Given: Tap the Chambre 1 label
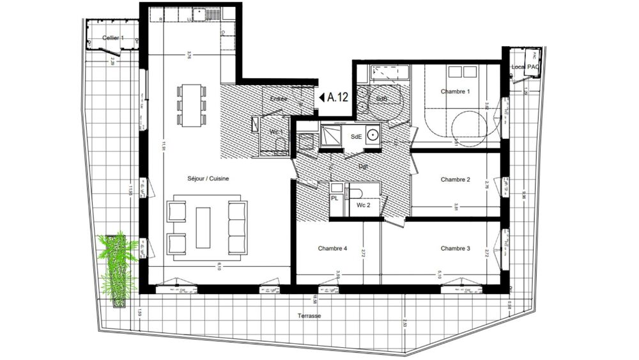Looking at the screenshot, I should pos(455,91).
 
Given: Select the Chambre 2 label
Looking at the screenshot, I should pos(455,180).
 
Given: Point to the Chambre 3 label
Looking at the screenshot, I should pos(455,248).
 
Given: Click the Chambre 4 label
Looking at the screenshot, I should pos(332,248).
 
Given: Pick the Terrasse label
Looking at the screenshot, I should pos(309,317).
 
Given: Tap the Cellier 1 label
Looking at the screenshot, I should pos(113,39).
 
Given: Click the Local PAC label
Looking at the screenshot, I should pos(525,67).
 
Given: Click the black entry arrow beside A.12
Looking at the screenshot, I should pos(321,98).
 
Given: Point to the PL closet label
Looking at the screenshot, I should pos(334,199).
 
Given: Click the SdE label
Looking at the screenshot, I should pos(357,137).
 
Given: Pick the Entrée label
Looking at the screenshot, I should pos(278,99).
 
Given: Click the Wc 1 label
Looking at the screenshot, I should pos(276,132).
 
